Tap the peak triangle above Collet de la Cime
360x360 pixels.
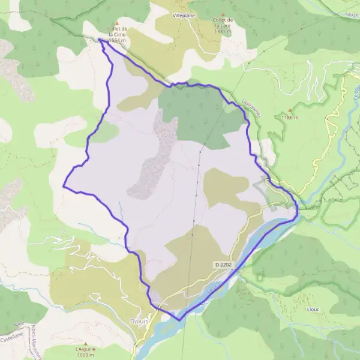point(117,23)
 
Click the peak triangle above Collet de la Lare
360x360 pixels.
point(223,14)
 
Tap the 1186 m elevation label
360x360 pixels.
point(289,118)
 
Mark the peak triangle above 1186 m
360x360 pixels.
point(290,110)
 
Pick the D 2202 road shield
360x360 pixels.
point(223,264)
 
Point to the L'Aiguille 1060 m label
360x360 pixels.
point(85,352)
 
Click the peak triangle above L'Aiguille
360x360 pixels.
point(85,343)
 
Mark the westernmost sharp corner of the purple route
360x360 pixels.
point(64,186)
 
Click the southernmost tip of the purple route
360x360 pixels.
point(179,320)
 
